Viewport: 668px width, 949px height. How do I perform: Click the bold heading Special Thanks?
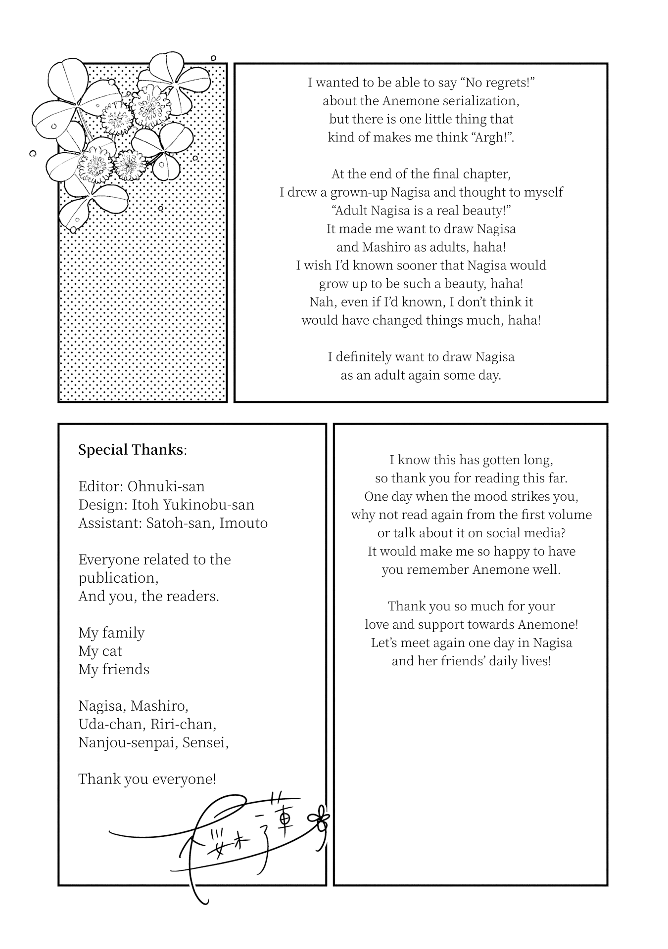pos(131,450)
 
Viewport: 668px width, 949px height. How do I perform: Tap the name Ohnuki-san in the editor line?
pos(166,486)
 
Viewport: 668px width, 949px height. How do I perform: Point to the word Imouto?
pos(243,523)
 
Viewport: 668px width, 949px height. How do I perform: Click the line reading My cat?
pos(100,651)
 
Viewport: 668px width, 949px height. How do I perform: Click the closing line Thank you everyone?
pos(147,779)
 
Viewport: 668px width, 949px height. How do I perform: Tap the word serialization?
pos(476,100)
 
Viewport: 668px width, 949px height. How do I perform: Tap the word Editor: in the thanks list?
pos(100,486)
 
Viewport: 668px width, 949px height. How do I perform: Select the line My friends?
pos(114,669)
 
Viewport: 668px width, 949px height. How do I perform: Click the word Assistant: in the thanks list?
pos(110,523)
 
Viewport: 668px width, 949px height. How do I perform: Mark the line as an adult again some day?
pos(421,375)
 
